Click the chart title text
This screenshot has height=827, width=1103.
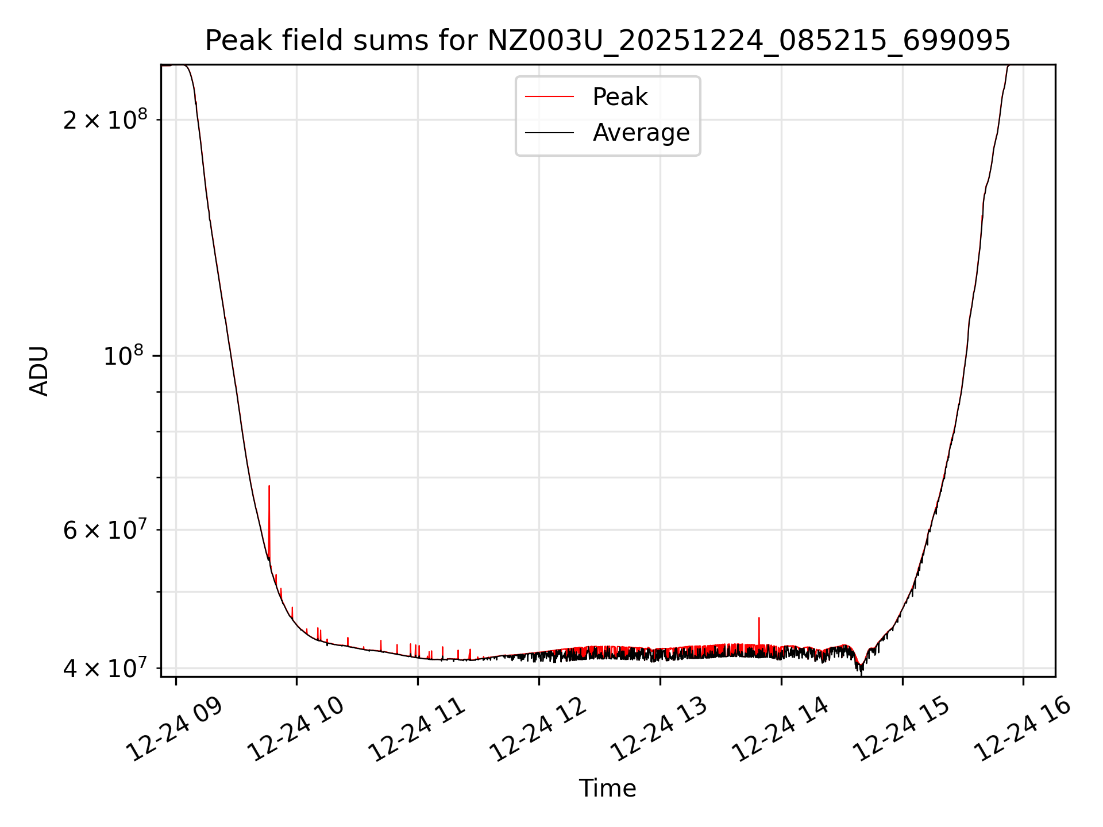(x=607, y=41)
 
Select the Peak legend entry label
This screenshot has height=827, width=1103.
(x=620, y=97)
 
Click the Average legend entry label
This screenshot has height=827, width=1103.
(x=641, y=133)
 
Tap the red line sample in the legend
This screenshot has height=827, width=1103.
(x=549, y=97)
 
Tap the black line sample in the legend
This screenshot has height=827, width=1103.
(x=549, y=133)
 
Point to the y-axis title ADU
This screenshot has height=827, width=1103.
(x=39, y=371)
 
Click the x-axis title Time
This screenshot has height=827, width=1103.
(x=607, y=789)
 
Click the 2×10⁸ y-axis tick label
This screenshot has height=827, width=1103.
(x=105, y=120)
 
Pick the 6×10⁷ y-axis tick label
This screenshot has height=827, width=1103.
(x=105, y=530)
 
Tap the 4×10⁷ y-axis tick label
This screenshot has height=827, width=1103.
(x=105, y=668)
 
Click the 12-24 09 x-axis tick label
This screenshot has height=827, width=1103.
(x=175, y=728)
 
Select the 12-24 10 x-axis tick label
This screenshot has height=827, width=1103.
(x=296, y=728)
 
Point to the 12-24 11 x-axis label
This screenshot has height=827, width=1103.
(x=417, y=728)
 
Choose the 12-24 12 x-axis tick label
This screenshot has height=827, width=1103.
(x=538, y=728)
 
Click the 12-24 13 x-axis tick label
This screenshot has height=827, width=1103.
(x=660, y=728)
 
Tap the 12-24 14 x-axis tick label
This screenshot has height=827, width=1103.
(x=781, y=728)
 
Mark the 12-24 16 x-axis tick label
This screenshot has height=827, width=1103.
(x=1023, y=728)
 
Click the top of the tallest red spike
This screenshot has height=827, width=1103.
(x=269, y=487)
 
